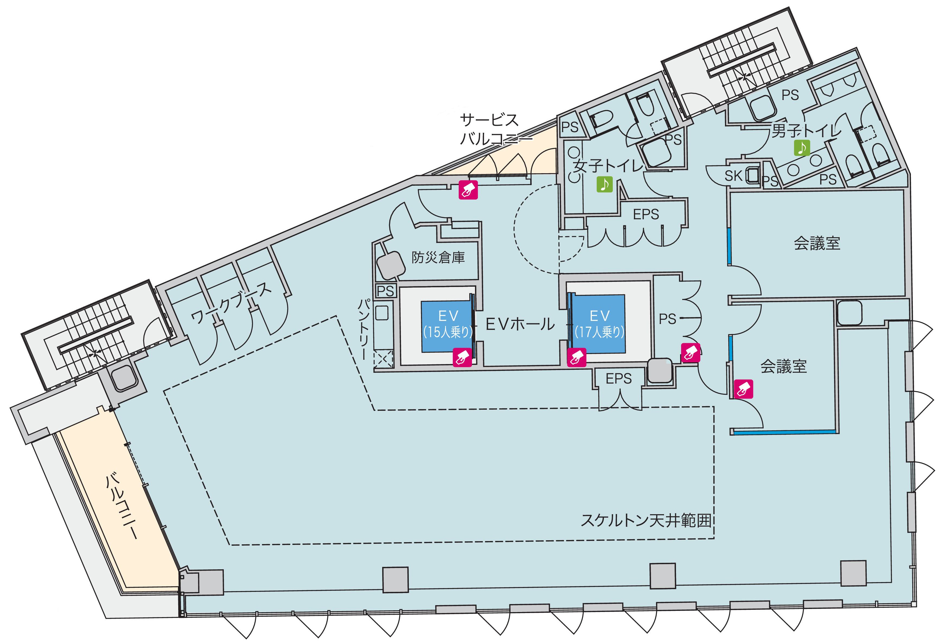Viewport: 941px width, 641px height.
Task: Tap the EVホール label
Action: pos(520,324)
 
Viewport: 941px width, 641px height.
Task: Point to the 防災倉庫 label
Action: pos(438,258)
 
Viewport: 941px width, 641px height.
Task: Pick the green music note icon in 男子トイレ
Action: pos(802,148)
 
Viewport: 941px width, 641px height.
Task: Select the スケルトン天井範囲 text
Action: pos(646,520)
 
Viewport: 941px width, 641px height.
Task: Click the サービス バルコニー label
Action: pos(490,129)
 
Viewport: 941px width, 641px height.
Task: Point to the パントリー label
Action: pos(363,329)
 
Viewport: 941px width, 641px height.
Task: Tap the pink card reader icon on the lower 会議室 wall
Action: pos(744,389)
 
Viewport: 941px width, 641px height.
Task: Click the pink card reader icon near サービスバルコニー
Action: pos(468,190)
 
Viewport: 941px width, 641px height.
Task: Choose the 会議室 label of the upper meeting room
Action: pos(817,243)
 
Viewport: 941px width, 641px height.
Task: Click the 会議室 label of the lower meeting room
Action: pos(783,366)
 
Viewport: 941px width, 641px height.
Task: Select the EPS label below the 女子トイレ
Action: pos(646,214)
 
